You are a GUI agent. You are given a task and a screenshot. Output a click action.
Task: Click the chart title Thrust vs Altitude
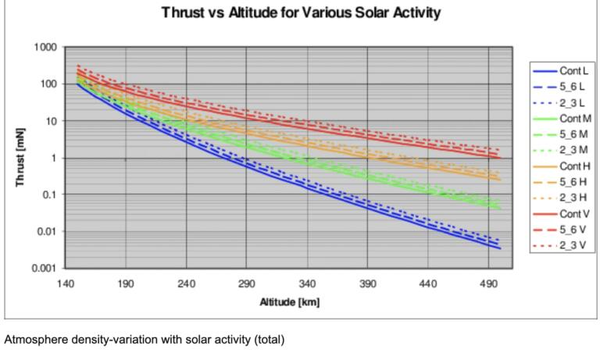click(x=300, y=13)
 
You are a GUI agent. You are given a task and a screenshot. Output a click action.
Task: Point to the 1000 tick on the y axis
click(x=46, y=47)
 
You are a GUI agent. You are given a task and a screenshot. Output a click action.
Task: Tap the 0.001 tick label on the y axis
click(x=44, y=268)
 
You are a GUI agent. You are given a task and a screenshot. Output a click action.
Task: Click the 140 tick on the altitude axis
click(x=66, y=283)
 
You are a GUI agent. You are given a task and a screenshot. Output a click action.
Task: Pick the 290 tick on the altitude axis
click(x=247, y=283)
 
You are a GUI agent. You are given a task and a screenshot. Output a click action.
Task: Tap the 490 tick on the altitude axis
click(x=488, y=283)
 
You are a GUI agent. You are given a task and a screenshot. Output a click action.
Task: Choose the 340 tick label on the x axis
click(x=307, y=283)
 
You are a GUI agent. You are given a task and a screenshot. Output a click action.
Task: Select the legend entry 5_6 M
click(x=573, y=134)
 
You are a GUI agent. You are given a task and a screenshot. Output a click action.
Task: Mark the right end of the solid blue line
click(x=500, y=248)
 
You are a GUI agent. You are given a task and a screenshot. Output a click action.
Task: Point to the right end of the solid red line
click(x=500, y=158)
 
